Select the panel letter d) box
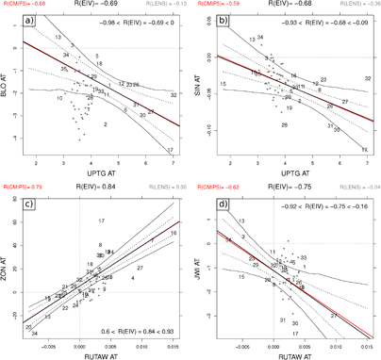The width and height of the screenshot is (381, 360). tap(222, 205)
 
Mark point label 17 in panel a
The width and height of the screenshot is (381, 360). tap(170, 151)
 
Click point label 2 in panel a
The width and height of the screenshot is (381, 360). tap(106, 124)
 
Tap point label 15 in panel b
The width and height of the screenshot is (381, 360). tap(222, 85)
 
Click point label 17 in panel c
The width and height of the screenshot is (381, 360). tap(101, 221)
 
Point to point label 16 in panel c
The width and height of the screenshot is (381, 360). tap(173, 233)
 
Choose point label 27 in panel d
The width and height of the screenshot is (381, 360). tap(334, 317)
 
